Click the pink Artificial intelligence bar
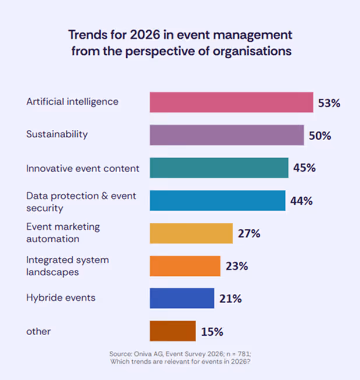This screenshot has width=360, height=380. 231,102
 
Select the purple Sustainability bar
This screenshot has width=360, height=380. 227,135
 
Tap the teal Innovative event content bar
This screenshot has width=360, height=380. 219,168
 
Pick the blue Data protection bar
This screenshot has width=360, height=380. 217,200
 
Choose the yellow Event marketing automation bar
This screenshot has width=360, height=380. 191,233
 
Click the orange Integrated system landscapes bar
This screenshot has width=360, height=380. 185,266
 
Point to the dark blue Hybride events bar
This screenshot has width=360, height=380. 182,299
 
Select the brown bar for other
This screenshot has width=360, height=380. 172,331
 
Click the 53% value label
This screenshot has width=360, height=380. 329,103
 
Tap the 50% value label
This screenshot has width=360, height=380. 320,136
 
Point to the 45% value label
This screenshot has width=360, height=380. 304,168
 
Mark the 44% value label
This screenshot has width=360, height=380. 301,201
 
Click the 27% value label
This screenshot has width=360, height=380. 249,233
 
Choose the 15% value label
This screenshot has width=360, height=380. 212,332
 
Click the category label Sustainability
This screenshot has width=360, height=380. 57,134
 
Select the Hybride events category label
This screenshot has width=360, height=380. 61,298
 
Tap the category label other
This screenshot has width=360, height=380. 38,332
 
